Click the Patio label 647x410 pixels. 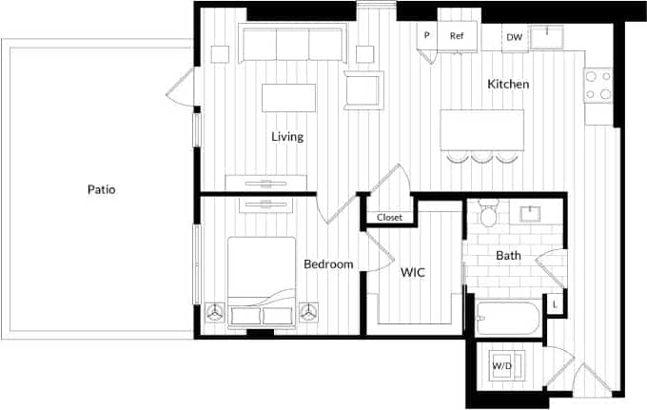click(x=101, y=189)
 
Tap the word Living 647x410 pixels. click(x=287, y=137)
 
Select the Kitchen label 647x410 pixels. click(x=508, y=85)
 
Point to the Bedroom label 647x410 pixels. click(x=328, y=264)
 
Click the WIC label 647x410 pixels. click(x=412, y=273)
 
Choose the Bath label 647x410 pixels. click(x=508, y=256)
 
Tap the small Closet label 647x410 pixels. click(x=389, y=218)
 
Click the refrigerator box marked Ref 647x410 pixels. click(x=457, y=36)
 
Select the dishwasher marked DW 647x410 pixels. click(x=514, y=37)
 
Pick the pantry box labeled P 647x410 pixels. click(x=426, y=36)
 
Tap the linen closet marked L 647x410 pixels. click(x=555, y=304)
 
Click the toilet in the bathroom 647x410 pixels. click(x=489, y=214)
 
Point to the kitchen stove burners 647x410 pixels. click(x=598, y=86)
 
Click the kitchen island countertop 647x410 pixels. click(x=482, y=127)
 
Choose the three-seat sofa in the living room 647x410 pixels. click(x=292, y=45)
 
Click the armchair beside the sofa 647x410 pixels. click(x=363, y=89)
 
